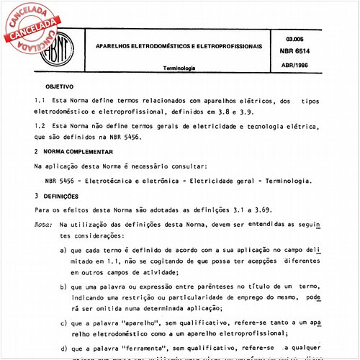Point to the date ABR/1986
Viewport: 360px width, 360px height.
[x=296, y=64]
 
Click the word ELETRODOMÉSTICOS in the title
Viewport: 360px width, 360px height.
[x=163, y=45]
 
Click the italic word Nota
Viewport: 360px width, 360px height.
[x=42, y=225]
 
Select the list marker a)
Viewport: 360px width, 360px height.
[x=64, y=251]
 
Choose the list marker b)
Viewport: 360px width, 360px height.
[x=64, y=286]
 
